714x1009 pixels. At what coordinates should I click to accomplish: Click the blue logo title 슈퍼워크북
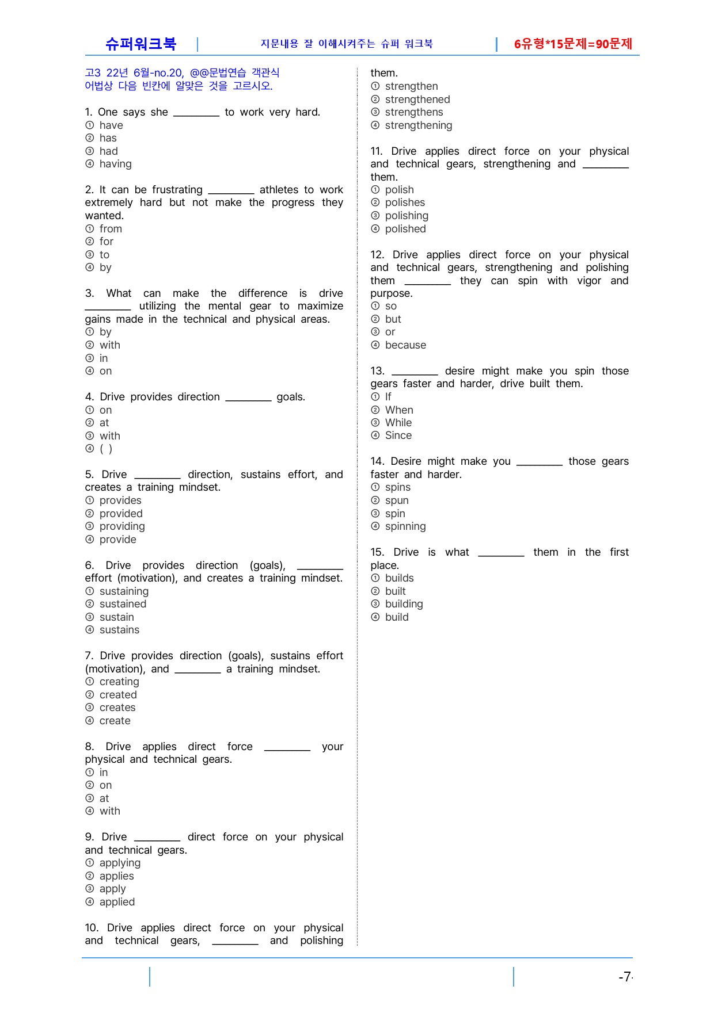click(x=140, y=44)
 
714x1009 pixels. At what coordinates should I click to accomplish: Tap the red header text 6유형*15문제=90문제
click(x=573, y=44)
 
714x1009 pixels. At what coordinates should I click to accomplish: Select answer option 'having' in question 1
click(x=115, y=164)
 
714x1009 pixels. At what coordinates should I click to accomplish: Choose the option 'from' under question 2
click(x=111, y=229)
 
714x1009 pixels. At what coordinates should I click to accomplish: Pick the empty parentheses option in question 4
click(x=106, y=449)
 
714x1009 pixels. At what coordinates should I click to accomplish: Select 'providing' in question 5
click(x=122, y=526)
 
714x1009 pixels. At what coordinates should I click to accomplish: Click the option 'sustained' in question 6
click(x=123, y=604)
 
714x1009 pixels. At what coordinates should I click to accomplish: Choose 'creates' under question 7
click(x=117, y=708)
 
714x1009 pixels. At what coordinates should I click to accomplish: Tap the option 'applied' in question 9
click(x=117, y=902)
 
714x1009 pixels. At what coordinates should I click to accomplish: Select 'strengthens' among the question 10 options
click(x=414, y=112)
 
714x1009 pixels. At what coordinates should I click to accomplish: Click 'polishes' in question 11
click(x=405, y=202)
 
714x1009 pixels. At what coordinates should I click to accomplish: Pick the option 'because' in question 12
click(x=405, y=345)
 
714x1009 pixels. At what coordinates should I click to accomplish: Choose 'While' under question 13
click(x=398, y=423)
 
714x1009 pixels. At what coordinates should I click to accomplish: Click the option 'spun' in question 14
click(x=397, y=500)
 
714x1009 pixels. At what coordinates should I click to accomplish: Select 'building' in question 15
click(x=404, y=604)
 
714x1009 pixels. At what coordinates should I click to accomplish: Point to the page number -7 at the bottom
click(x=625, y=977)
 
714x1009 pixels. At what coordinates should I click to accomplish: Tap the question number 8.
click(x=89, y=747)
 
